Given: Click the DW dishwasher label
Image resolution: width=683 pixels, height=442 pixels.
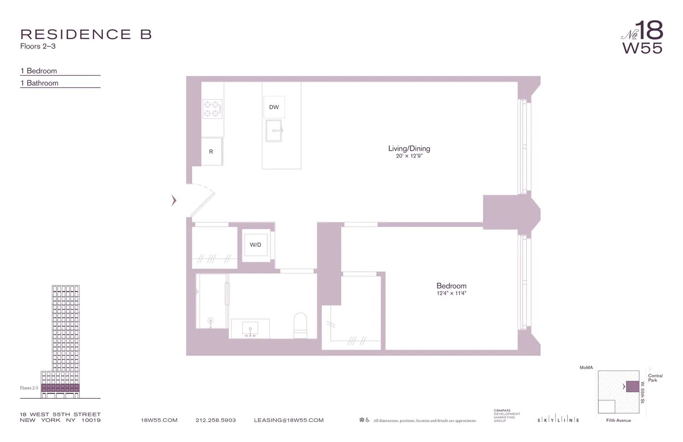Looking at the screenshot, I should [x=274, y=107].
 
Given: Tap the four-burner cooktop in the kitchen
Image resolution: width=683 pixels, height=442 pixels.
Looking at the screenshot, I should [x=212, y=109].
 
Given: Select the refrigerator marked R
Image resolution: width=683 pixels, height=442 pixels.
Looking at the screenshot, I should [x=211, y=152].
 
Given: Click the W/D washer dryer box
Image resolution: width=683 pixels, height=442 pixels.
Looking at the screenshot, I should [x=255, y=245].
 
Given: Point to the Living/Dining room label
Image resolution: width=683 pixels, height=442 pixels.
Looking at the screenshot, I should [x=409, y=148].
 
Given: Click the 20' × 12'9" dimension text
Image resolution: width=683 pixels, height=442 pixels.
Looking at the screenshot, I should [x=409, y=156].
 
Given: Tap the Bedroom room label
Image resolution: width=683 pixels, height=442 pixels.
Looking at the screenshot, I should [x=451, y=286].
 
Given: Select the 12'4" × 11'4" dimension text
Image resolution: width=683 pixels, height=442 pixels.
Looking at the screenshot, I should [x=451, y=293].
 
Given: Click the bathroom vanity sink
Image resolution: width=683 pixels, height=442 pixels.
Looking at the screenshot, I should [x=250, y=329].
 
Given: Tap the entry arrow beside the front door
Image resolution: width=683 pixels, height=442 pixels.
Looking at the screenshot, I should [x=173, y=200].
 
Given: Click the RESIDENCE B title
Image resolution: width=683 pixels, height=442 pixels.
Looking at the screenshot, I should [x=86, y=34].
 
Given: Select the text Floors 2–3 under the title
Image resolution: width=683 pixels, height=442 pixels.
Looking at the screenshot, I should [x=38, y=46].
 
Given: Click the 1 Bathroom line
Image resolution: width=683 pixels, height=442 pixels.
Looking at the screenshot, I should [x=40, y=83].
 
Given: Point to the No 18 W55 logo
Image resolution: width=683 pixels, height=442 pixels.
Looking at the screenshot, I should [x=642, y=37].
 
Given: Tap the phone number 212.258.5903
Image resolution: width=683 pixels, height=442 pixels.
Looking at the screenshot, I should [x=215, y=420].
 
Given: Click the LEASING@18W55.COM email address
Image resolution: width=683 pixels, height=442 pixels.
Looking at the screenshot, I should [x=289, y=420].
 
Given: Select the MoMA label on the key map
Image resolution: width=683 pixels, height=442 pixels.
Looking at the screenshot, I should [x=586, y=367].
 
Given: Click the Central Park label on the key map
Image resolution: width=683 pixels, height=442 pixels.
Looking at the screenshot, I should [x=655, y=378].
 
